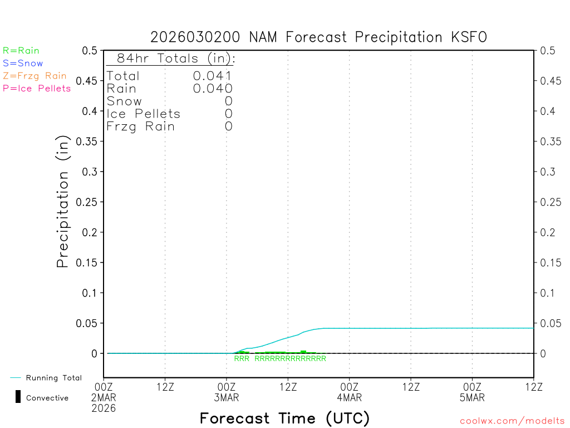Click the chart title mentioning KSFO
pos(318,37)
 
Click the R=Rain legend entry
pos(21,51)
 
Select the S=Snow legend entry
pos(23,64)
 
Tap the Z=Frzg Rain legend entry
pos(35,76)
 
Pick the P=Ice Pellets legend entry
pos(37,88)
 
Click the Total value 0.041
pos(213,76)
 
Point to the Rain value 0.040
pos(213,89)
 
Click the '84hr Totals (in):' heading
pos(175,59)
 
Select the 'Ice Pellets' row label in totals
pos(144,114)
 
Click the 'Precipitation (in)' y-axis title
pos(63,202)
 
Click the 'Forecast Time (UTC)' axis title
pos(284,418)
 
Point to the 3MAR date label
pos(227,398)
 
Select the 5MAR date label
pos(472,398)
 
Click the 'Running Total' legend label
pos(53,378)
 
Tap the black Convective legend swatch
pos(18,397)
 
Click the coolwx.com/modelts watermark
pos(512,421)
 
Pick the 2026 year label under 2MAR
pos(104,408)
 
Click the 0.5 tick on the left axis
pos(90,51)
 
